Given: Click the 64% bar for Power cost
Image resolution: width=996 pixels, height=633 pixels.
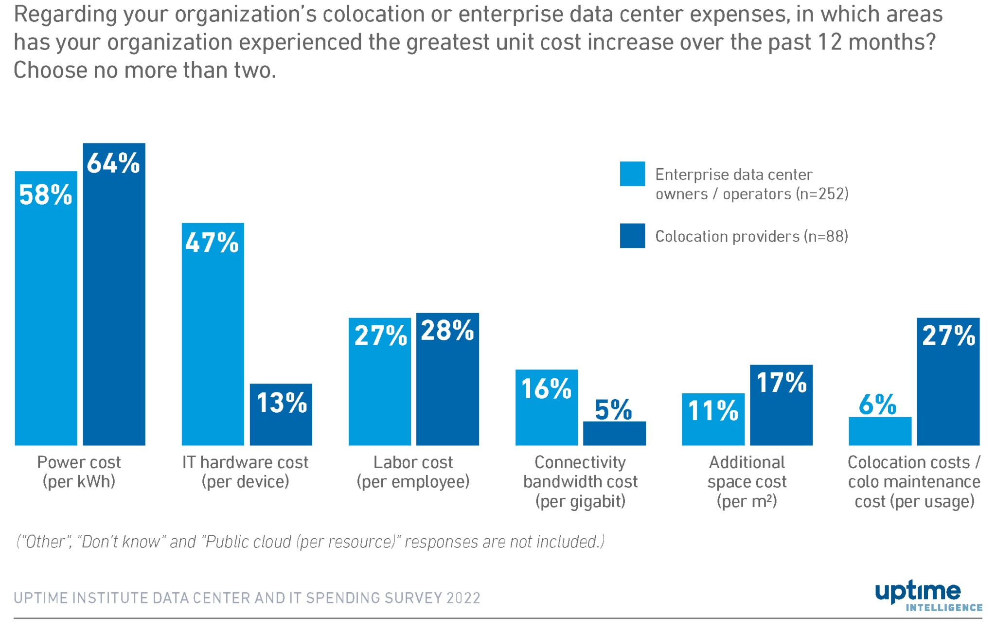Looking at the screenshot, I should pos(114,301).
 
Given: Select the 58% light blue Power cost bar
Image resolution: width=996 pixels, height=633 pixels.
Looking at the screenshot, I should pos(46,316).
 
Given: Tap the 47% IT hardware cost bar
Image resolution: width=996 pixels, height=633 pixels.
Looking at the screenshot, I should pos(213,340).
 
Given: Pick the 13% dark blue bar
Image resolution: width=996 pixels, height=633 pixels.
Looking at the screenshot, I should pos(281,418).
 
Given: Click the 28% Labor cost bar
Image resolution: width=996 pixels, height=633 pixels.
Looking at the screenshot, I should pos(447,384).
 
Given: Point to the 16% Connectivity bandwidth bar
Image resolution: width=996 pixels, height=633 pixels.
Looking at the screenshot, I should pos(546,413).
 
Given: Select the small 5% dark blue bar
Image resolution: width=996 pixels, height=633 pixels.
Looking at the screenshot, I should pos(614,433).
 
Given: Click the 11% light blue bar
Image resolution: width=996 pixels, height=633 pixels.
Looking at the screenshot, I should pos(713,423).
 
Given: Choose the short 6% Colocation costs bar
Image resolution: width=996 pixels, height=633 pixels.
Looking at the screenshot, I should pos(880,431).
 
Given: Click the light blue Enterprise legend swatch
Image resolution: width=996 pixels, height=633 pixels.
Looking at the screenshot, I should pos(632,174).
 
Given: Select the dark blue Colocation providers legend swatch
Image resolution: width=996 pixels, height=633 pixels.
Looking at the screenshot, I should pos(632,236).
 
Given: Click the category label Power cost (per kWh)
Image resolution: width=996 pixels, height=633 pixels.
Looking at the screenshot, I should pos(79,472).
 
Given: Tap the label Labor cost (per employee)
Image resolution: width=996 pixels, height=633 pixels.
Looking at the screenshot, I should pos(413,472).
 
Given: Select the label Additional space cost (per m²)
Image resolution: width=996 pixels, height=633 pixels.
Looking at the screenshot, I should pos(747,481).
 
